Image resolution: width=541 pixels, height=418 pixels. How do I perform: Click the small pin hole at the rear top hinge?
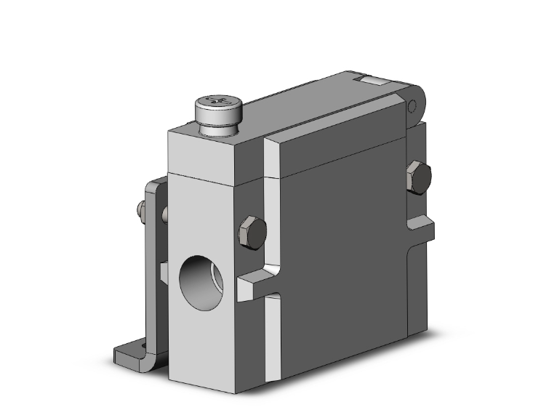pyautogui.click(x=412, y=108)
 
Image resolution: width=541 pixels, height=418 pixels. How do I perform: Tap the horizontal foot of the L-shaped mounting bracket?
pyautogui.click(x=135, y=356)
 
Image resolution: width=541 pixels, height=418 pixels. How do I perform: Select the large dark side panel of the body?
pyautogui.click(x=342, y=247)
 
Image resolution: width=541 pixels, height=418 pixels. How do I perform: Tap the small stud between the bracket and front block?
pyautogui.click(x=165, y=214)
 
